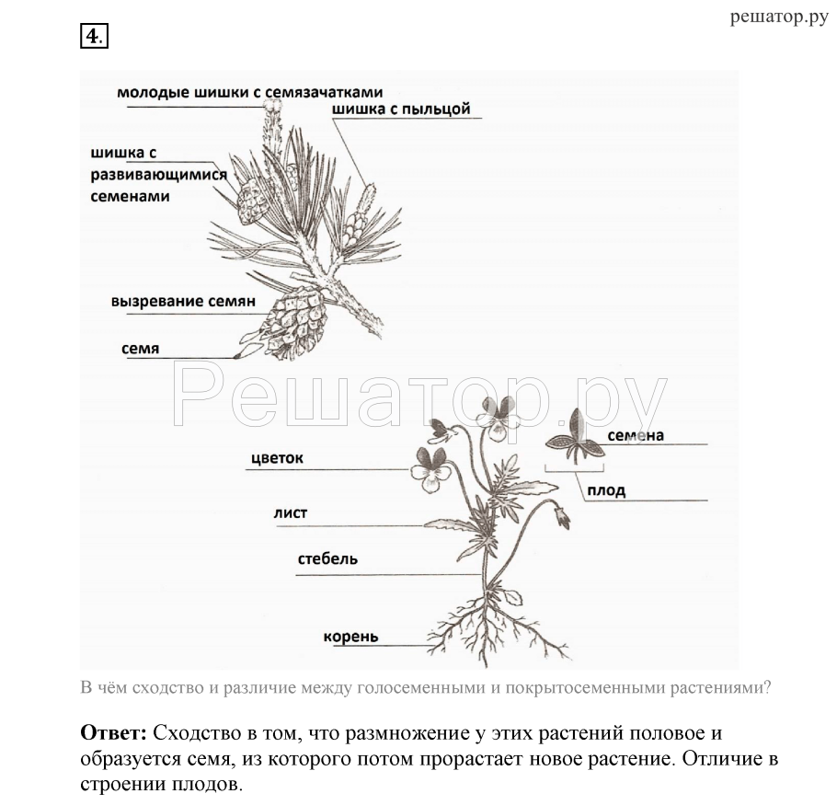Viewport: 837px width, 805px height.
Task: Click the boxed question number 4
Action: click(94, 36)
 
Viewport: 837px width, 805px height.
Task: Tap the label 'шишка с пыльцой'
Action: click(401, 109)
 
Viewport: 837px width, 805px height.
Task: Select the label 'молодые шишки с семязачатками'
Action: click(249, 92)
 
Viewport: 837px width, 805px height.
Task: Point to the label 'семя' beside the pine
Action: click(140, 349)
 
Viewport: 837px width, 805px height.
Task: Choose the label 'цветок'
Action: click(276, 457)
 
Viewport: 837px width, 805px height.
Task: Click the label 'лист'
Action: click(290, 513)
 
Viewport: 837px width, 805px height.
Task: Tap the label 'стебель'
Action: click(327, 558)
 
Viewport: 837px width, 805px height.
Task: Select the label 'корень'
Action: click(350, 636)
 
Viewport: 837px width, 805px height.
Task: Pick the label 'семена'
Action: click(636, 435)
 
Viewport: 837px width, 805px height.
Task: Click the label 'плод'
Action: click(605, 490)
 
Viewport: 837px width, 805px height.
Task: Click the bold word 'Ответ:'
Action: click(113, 733)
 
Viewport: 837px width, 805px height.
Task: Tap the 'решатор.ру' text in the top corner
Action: click(779, 17)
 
